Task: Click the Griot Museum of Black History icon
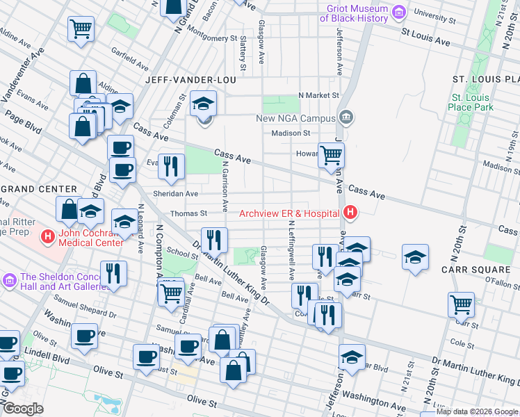click(x=398, y=13)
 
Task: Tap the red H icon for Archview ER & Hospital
click(x=351, y=213)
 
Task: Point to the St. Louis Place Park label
click(x=472, y=102)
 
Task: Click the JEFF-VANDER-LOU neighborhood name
click(x=190, y=81)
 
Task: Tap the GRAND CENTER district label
click(x=38, y=189)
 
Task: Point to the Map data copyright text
click(x=478, y=412)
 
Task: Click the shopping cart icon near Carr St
click(x=461, y=304)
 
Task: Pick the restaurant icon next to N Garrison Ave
click(x=214, y=239)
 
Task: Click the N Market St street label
click(x=318, y=95)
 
